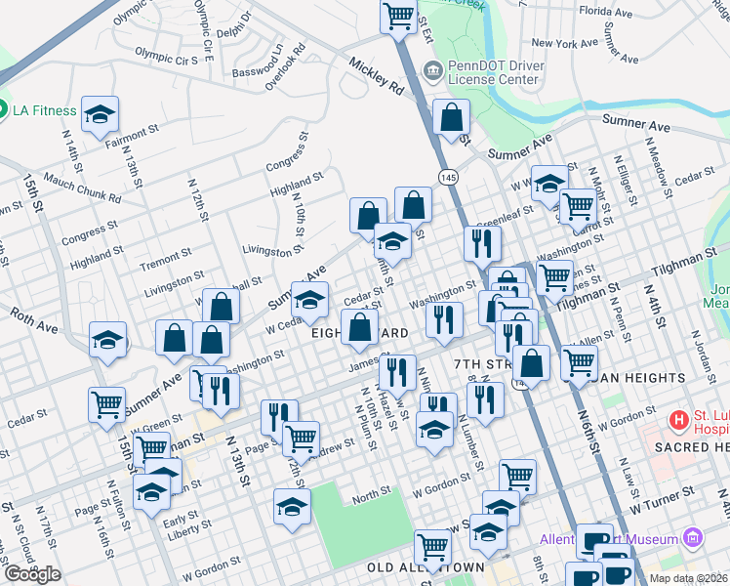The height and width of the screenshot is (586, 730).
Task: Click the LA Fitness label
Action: click(44, 109)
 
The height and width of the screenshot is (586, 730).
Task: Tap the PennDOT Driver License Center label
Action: click(493, 71)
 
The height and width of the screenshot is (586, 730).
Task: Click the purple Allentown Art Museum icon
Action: click(693, 537)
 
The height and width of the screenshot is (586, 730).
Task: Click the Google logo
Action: click(32, 574)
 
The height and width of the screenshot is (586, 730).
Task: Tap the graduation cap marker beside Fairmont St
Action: click(100, 115)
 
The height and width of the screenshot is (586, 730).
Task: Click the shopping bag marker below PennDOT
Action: click(452, 119)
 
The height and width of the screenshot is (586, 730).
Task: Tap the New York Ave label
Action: click(564, 43)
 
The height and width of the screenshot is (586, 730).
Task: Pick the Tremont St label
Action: click(164, 259)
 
